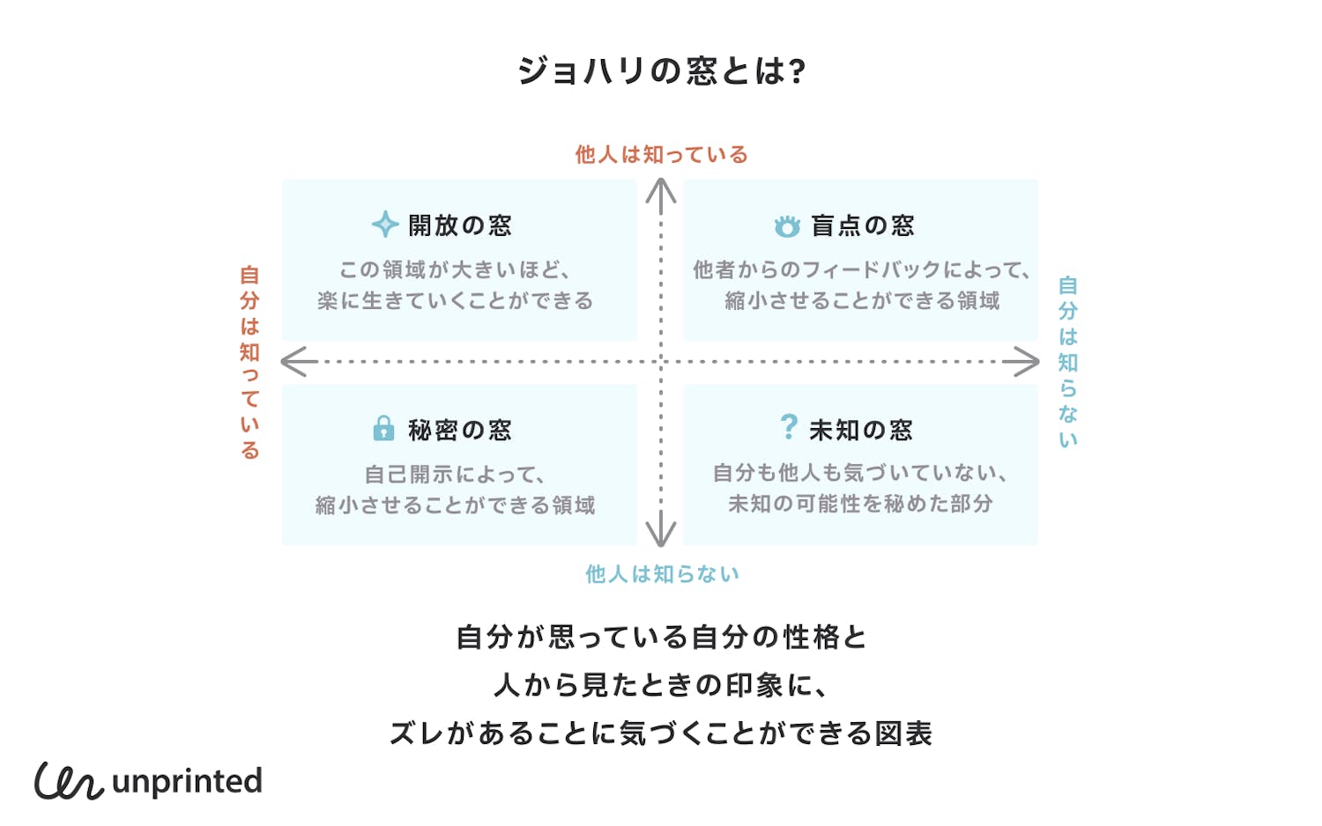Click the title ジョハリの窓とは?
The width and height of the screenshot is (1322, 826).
(661, 71)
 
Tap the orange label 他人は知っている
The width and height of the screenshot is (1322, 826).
(661, 155)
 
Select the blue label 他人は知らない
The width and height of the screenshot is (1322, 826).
(662, 574)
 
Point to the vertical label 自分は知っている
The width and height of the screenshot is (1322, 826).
(250, 362)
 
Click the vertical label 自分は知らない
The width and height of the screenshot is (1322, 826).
(1068, 362)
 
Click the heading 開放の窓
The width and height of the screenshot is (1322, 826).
(460, 225)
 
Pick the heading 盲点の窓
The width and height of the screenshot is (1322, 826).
(863, 225)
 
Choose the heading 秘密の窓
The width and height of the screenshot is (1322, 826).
(460, 430)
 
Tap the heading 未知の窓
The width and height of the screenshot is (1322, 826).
(861, 430)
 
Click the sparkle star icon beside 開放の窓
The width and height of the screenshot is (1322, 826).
(385, 225)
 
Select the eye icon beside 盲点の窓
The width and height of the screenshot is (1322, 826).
(787, 226)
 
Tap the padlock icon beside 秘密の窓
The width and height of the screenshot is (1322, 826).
(383, 428)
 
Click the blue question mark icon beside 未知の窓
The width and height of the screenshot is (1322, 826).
(789, 427)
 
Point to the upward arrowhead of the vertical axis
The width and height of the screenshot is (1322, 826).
(661, 188)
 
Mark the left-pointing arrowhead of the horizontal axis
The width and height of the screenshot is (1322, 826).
(293, 361)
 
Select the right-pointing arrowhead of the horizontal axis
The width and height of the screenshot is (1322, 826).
(1027, 361)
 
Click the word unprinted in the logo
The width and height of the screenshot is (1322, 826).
(188, 781)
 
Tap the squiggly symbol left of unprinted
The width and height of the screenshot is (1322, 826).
(69, 780)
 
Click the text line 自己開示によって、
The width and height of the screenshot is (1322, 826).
(456, 475)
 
